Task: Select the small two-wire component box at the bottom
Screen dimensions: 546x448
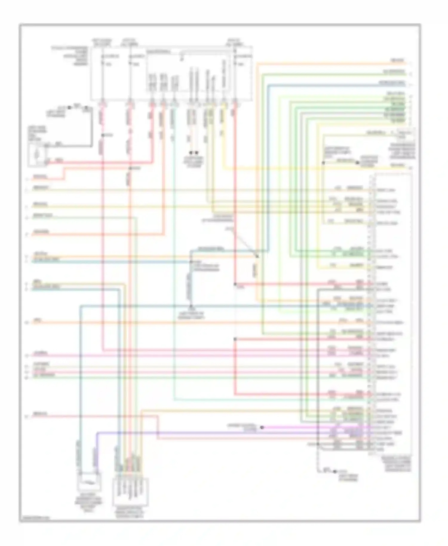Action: (89, 481)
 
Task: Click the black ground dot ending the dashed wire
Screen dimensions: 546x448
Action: (335, 471)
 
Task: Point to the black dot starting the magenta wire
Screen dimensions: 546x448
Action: (262, 427)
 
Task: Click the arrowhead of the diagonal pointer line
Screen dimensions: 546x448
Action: (257, 256)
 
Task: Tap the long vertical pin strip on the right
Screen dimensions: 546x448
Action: (372, 314)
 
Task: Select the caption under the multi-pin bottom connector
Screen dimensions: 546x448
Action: (130, 513)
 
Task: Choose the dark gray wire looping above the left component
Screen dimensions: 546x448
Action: (91, 128)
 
